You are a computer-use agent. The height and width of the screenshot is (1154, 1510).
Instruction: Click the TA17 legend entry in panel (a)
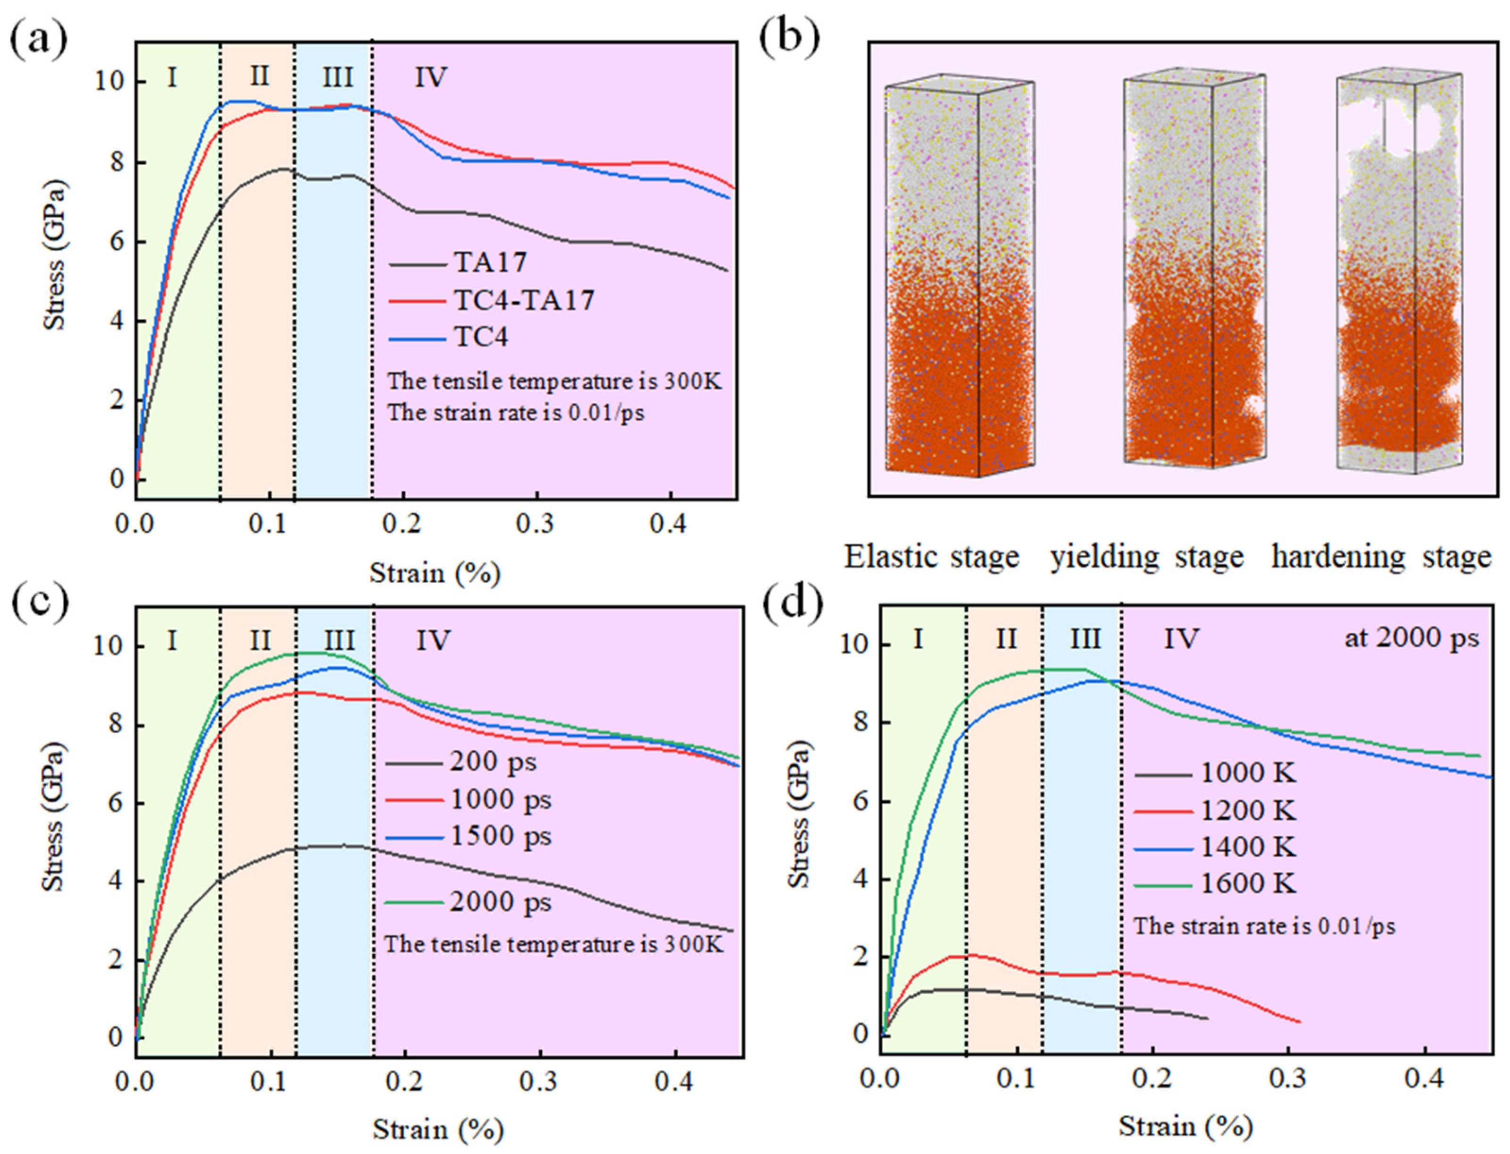pyautogui.click(x=490, y=262)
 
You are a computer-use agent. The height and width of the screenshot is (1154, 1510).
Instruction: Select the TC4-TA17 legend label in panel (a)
pyautogui.click(x=523, y=300)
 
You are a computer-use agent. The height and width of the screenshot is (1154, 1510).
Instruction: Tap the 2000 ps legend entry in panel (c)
pyautogui.click(x=500, y=902)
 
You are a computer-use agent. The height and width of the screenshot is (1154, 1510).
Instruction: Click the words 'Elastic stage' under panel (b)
pyautogui.click(x=931, y=556)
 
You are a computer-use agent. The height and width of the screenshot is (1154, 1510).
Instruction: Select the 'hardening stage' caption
pyautogui.click(x=1381, y=556)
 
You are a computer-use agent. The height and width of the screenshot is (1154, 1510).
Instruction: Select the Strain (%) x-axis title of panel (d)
pyautogui.click(x=1185, y=1127)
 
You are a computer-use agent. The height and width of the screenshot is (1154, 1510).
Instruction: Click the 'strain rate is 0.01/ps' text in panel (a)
pyautogui.click(x=516, y=414)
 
